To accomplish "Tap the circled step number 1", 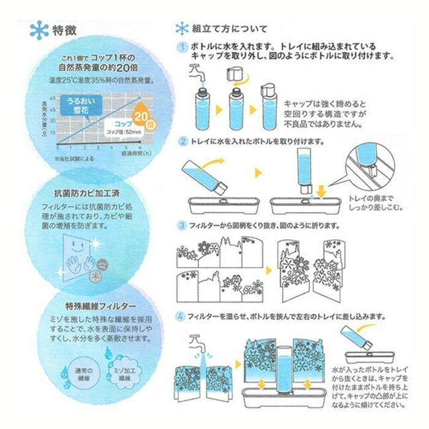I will (x=181, y=47).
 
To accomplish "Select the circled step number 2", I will (x=181, y=142).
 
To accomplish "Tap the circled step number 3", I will (x=181, y=224).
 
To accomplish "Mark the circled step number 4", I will (x=181, y=317).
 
